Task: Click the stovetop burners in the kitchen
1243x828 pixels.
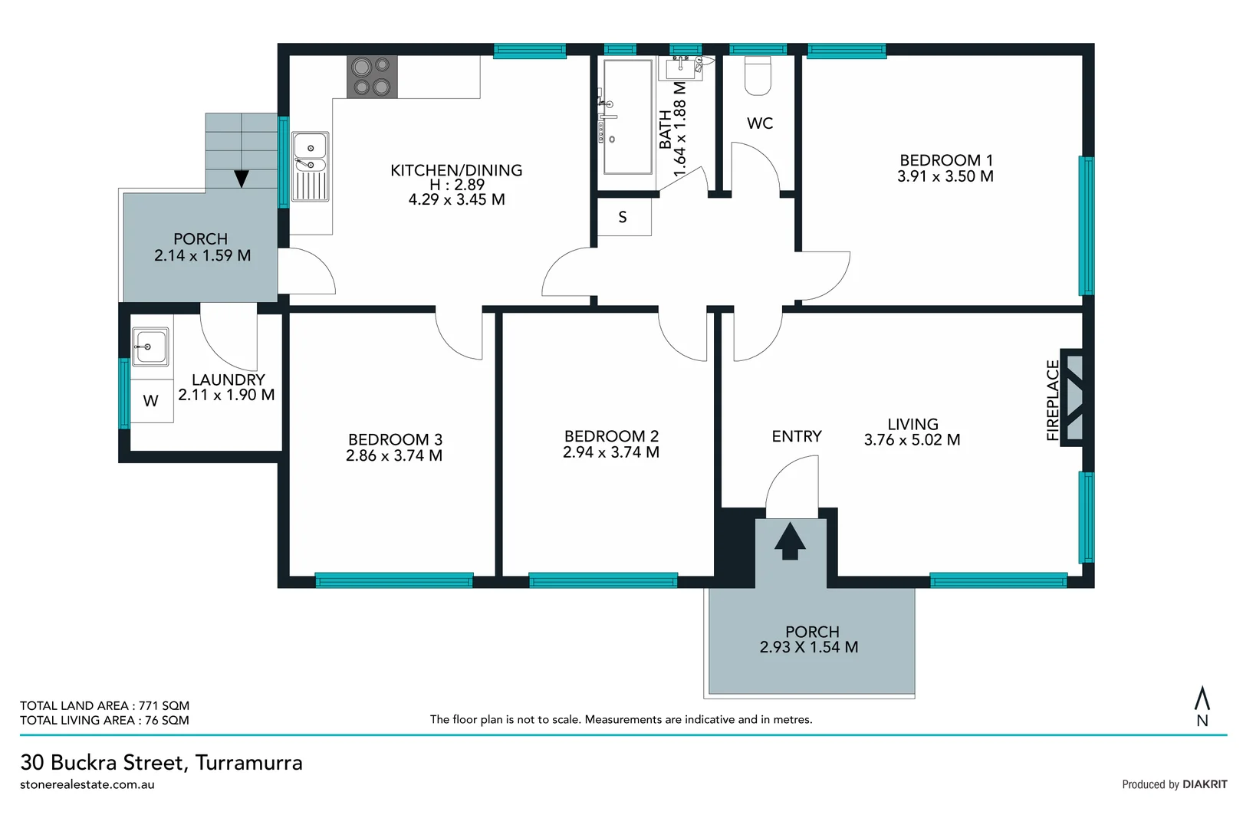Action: (x=372, y=77)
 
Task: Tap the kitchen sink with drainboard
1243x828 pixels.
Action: (x=311, y=166)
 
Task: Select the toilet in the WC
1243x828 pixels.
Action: (x=758, y=76)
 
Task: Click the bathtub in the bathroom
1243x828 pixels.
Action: (x=628, y=117)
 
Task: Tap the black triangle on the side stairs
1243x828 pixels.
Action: (x=242, y=179)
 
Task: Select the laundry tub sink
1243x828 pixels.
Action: (x=150, y=347)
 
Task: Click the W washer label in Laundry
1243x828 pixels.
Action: (x=151, y=401)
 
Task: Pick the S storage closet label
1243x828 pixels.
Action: (x=623, y=218)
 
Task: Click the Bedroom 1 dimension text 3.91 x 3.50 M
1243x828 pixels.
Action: (x=945, y=176)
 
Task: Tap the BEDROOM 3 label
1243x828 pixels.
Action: (x=395, y=439)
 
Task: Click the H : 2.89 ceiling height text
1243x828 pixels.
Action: (x=457, y=185)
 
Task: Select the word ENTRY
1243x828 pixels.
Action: (x=797, y=436)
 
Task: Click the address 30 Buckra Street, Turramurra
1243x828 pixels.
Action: (x=162, y=762)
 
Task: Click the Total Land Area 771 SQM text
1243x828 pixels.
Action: (x=104, y=705)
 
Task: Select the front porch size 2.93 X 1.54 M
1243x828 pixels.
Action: (x=809, y=647)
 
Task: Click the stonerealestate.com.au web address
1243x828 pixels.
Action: (x=87, y=784)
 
